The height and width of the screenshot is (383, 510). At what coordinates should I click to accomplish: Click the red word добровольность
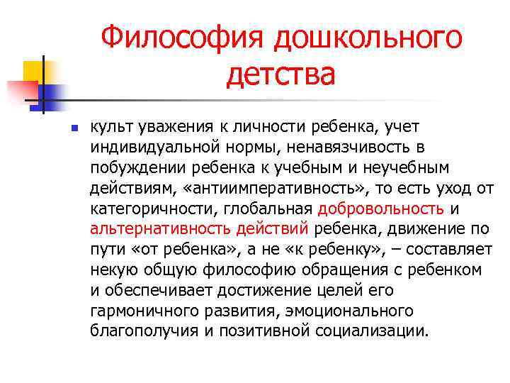click(x=381, y=209)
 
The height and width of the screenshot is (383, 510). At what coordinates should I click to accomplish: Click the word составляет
click(x=447, y=250)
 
